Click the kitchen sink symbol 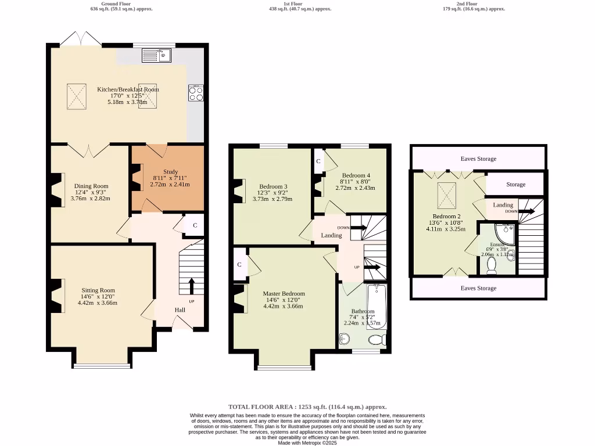pos(156,55)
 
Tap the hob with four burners pos(195,93)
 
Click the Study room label pos(170,172)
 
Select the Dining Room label pos(91,186)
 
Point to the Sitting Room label pos(98,290)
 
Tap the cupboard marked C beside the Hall pos(195,225)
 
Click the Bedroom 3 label pos(273,186)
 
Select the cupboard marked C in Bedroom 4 pos(318,161)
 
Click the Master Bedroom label pos(284,294)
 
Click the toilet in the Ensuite pos(492,265)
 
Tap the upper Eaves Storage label pos(478,159)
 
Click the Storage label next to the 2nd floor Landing pos(515,185)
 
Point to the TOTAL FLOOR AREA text pos(307,407)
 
